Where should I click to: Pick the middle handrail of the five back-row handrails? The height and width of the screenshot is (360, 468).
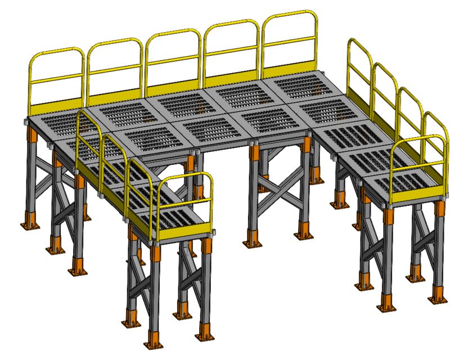(173, 59)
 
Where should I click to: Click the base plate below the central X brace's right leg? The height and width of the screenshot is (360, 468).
(304, 231)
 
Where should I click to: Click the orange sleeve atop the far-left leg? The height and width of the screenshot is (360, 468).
(33, 135)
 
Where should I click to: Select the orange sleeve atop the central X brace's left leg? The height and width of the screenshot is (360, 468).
(255, 152)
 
